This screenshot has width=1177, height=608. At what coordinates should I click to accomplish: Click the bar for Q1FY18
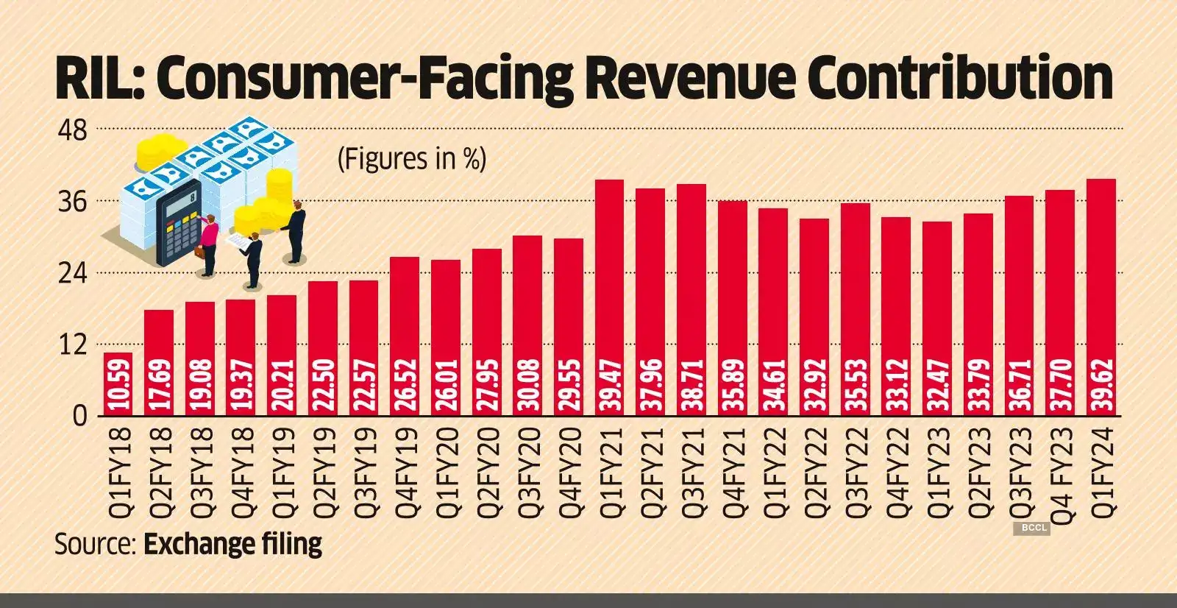point(118,384)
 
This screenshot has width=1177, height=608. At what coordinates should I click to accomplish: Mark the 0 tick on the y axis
point(79,417)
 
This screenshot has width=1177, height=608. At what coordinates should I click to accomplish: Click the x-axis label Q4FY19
point(405,472)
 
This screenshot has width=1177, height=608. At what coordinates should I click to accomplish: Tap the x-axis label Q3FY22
point(856,472)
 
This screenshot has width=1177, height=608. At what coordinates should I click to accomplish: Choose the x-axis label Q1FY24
point(1101,472)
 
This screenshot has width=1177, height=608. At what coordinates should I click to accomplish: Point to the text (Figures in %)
point(411,159)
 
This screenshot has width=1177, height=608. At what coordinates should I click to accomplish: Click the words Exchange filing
point(232,544)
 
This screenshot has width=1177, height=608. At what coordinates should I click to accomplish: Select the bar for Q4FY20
point(568,327)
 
